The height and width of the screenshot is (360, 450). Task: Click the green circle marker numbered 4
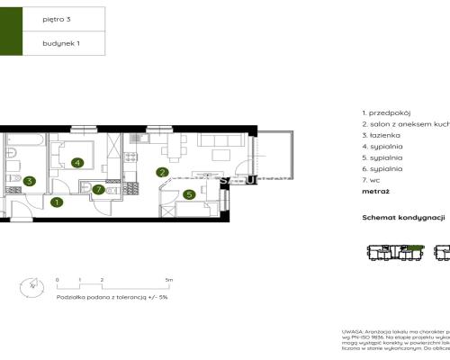(x=77, y=163)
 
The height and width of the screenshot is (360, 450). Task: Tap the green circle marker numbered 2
(x=162, y=172)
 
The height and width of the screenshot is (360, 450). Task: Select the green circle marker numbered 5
(x=189, y=193)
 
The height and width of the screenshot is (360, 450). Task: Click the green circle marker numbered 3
(x=29, y=181)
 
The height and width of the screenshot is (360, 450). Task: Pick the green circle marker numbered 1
(x=57, y=202)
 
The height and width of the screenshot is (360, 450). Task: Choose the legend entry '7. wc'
(x=369, y=179)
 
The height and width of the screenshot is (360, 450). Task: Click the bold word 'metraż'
(x=376, y=191)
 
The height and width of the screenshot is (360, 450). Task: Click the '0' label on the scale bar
(x=57, y=281)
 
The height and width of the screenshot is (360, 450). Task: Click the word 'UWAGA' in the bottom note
(x=351, y=332)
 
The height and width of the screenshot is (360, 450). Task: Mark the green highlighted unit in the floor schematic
(x=415, y=247)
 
